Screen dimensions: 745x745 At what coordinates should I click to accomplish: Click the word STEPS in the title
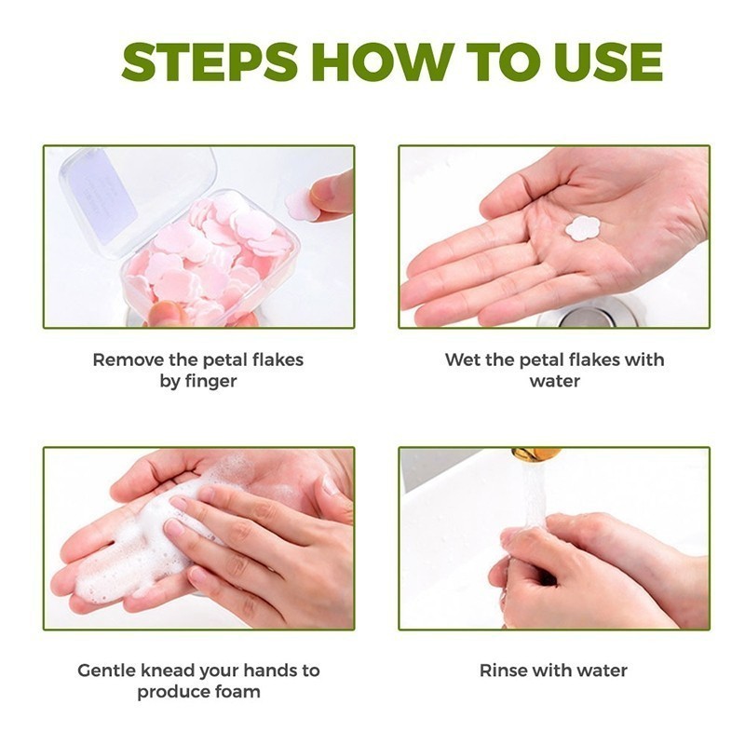tap(210, 61)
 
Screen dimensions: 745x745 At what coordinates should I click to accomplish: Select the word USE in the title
tap(608, 61)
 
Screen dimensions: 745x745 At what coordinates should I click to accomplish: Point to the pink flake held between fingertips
tap(302, 204)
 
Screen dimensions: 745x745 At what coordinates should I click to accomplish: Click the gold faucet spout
tap(536, 454)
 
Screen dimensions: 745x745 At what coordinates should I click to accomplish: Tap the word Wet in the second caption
tap(462, 359)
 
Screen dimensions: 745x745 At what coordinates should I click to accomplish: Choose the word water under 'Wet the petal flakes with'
tap(554, 381)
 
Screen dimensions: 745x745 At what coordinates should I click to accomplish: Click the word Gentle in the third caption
tap(107, 670)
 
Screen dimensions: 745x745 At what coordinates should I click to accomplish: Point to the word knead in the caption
tap(169, 670)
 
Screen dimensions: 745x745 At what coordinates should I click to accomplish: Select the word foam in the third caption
tap(238, 691)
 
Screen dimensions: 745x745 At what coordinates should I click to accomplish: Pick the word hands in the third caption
tap(269, 670)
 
